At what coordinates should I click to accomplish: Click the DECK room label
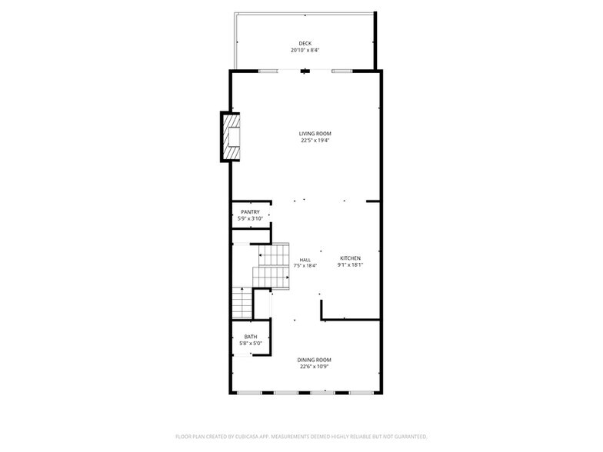305,43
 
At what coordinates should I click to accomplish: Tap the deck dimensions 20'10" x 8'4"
305,50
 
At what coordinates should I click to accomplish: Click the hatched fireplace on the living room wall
231,137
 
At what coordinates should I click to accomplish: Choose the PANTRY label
250,212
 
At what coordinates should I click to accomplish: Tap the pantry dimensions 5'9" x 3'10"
250,219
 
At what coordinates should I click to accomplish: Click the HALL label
305,259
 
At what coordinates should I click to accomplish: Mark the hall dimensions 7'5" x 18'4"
305,265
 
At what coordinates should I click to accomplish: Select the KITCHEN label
350,258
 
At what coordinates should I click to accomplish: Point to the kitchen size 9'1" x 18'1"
350,265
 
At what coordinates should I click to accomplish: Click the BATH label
251,337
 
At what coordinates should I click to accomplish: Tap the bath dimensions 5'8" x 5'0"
251,344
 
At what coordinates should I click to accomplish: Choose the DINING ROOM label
315,360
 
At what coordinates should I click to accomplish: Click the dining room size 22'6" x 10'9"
315,367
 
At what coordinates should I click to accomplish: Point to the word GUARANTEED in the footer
410,436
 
